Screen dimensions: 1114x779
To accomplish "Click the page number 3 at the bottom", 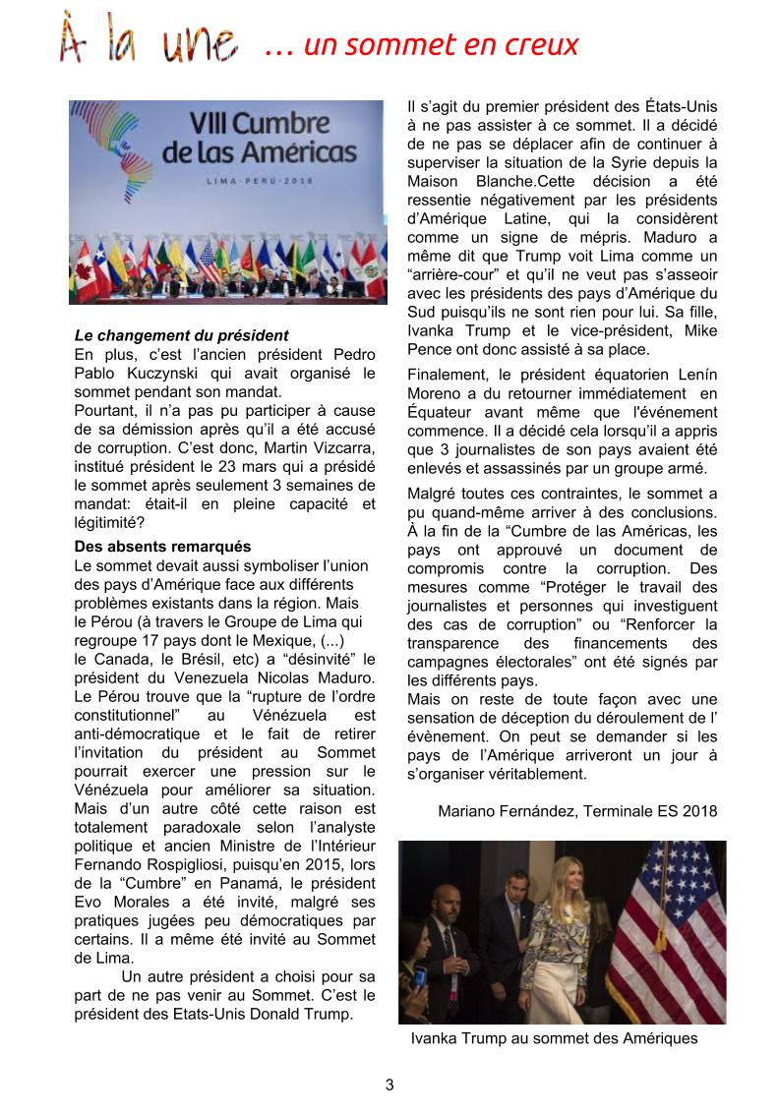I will point(389,1085).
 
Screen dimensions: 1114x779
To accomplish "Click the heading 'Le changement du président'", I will point(182,336).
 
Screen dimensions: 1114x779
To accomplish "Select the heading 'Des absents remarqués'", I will point(163,547).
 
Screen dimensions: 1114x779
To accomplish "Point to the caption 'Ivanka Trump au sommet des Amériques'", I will point(554,1038).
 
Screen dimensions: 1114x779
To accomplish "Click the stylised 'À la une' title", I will point(148,43).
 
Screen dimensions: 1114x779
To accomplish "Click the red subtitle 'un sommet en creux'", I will point(441,45).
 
